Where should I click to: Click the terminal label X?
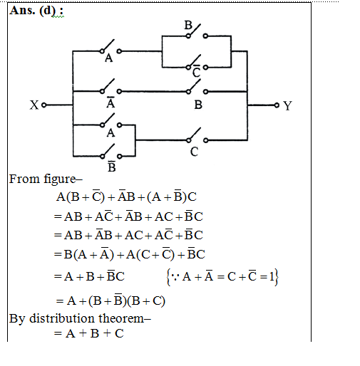coord(34,105)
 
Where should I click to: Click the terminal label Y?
coord(287,105)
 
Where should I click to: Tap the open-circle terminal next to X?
coord(43,105)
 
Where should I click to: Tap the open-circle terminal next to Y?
coord(277,105)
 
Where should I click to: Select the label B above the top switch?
coord(188,25)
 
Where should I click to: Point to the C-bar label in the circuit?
coord(196,71)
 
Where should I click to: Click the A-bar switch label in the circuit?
coord(110,103)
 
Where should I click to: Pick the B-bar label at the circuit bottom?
coord(112,167)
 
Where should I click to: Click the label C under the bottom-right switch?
coord(194,152)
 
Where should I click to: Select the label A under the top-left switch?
coord(109,58)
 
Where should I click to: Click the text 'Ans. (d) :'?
coord(36,11)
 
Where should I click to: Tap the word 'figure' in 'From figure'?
coord(60,179)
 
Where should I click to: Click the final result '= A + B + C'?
coord(89,333)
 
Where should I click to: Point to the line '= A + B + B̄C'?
coord(89,276)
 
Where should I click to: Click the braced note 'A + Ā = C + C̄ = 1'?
coord(222,277)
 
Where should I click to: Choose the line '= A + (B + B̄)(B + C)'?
coord(110,300)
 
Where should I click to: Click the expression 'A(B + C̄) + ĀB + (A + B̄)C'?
coord(126,197)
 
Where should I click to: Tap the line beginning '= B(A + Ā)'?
coord(130,254)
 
